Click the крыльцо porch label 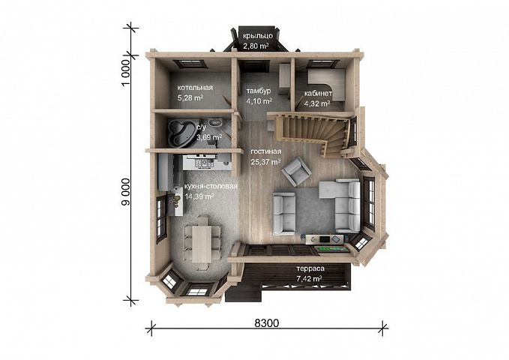[x=257, y=36]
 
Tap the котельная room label [x=195, y=88]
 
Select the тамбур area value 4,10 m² [x=259, y=101]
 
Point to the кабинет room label [x=318, y=94]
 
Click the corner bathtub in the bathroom [x=180, y=133]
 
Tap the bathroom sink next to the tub [x=215, y=123]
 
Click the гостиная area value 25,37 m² [x=265, y=162]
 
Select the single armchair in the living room [x=296, y=171]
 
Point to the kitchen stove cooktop [x=203, y=163]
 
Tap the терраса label [x=310, y=268]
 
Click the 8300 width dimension [x=267, y=323]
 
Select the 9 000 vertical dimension [x=126, y=192]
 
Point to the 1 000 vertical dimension [x=126, y=73]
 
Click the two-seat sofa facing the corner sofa [x=284, y=214]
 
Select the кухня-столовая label [x=211, y=187]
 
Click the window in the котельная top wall [x=190, y=64]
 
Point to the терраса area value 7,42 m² [x=309, y=278]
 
